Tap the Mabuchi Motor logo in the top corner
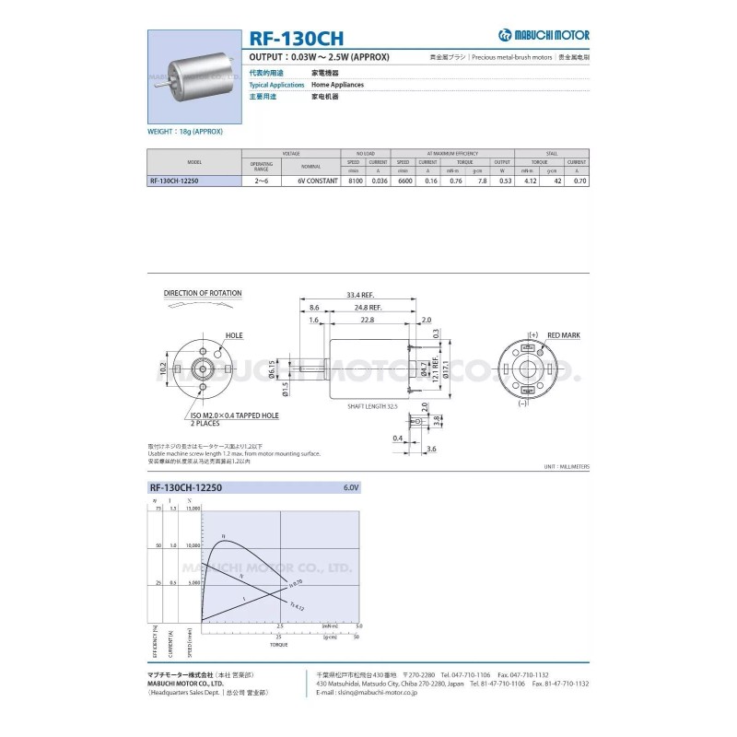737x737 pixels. point(544,35)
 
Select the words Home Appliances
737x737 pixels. point(337,85)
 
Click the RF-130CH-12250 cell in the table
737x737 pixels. point(173,181)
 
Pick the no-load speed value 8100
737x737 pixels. point(354,181)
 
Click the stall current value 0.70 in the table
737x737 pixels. point(579,181)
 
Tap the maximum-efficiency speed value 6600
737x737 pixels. point(404,181)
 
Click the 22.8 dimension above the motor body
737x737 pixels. point(367,320)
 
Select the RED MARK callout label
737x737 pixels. point(562,335)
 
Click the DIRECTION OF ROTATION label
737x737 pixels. point(203,294)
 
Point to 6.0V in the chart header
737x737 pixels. point(351,486)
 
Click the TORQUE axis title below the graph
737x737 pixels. point(278,645)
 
